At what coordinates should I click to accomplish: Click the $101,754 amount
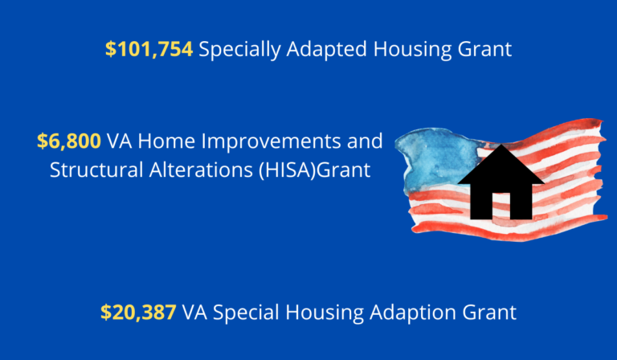tap(149, 50)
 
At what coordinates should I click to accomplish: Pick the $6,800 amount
tap(69, 142)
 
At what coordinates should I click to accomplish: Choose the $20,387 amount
tap(138, 313)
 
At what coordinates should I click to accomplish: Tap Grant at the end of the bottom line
tap(490, 313)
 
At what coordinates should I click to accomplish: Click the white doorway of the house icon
tap(501, 206)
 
